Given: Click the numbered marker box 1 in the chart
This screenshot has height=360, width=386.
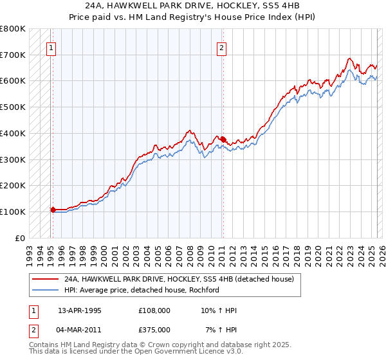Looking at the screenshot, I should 50,47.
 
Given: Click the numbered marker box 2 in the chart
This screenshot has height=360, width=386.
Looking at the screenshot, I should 221,47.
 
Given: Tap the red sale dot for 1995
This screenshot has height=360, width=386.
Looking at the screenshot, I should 53,209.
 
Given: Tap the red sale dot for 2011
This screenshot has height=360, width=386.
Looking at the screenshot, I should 223,139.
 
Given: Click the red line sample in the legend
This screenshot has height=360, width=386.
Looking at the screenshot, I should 45,279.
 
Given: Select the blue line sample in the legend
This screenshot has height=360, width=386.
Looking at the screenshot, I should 45,290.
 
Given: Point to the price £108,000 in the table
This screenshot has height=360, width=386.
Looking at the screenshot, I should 154,310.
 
